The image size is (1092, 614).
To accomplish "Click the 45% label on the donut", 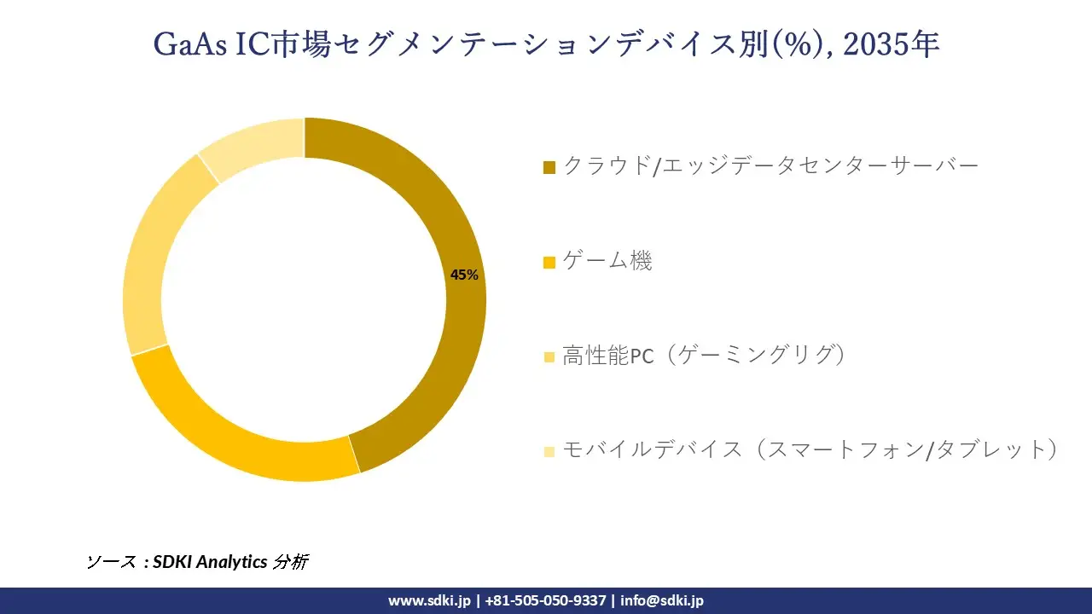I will [465, 275].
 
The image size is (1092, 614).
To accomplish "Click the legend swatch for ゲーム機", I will [549, 263].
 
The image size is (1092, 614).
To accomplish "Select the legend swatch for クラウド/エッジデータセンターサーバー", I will [549, 167].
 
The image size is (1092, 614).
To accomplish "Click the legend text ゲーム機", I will [607, 261].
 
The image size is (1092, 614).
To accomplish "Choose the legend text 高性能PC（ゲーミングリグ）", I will [705, 356].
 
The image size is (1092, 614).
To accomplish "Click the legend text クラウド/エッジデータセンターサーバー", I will [770, 166].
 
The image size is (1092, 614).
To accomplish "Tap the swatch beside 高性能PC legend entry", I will [549, 357].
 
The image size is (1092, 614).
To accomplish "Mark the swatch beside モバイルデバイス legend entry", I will [549, 451].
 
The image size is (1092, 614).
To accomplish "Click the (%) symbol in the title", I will [801, 44].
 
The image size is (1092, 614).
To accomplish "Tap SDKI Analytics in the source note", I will [210, 562].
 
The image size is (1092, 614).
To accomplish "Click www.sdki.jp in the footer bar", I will [429, 600].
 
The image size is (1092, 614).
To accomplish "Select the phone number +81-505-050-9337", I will [545, 600].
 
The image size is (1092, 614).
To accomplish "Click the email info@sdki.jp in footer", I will [662, 600].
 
